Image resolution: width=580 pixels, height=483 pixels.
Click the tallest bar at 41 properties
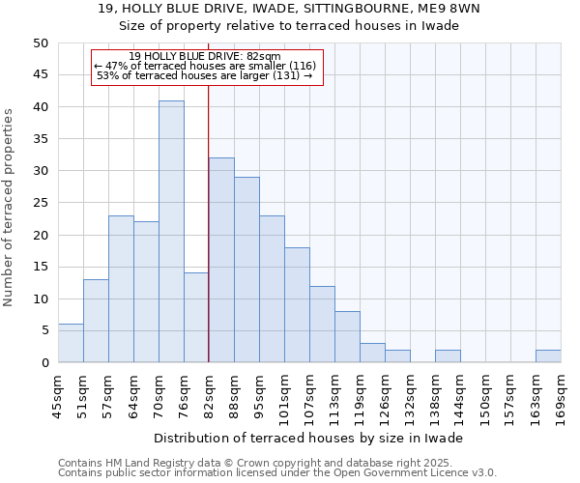pyautogui.click(x=171, y=232)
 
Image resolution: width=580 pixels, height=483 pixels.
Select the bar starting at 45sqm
pyautogui.click(x=71, y=343)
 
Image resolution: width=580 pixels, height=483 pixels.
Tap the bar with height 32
pyautogui.click(x=221, y=260)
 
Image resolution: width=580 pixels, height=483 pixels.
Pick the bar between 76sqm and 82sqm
pyautogui.click(x=196, y=318)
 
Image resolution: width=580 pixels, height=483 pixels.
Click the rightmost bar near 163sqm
pyautogui.click(x=548, y=356)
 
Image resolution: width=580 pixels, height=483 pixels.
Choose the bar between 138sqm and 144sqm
pyautogui.click(x=448, y=356)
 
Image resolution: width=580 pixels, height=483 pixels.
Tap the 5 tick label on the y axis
pyautogui.click(x=43, y=330)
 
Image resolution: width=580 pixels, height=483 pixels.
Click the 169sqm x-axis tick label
pyautogui.click(x=561, y=399)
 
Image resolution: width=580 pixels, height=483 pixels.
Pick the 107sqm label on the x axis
pyautogui.click(x=309, y=399)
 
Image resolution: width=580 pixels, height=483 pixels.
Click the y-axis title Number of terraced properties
pyautogui.click(x=10, y=207)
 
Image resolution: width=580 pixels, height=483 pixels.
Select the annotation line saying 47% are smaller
pyautogui.click(x=205, y=66)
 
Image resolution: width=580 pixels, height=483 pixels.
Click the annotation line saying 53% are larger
pyautogui.click(x=205, y=75)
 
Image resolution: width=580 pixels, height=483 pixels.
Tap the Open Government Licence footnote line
pyautogui.click(x=277, y=472)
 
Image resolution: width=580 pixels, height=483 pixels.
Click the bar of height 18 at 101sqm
pyautogui.click(x=297, y=305)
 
